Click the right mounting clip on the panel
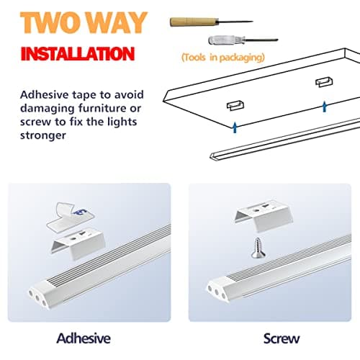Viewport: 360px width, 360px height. tap(323, 84)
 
